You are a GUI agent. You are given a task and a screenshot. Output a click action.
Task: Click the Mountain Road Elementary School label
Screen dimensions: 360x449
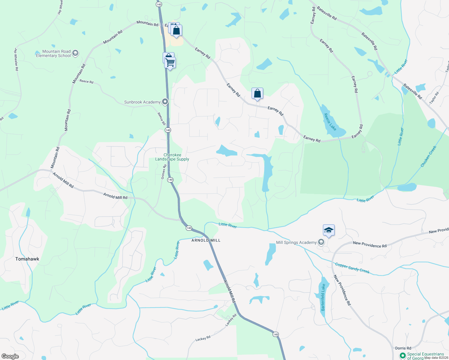tap(53, 53)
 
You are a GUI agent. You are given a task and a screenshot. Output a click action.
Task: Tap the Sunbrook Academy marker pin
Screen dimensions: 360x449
tap(165, 102)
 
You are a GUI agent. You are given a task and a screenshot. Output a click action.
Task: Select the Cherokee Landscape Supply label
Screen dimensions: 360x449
tap(172, 157)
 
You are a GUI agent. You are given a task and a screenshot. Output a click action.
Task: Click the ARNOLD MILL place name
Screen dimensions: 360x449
tap(206, 240)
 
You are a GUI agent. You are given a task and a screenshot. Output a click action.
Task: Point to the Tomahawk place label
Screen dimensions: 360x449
tap(27, 259)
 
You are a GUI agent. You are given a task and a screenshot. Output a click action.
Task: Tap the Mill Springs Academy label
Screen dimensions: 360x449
tap(296, 242)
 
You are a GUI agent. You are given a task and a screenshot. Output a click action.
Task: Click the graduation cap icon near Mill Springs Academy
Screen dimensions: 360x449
tap(329, 230)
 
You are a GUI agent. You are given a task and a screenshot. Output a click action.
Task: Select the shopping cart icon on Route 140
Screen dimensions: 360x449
tap(170, 63)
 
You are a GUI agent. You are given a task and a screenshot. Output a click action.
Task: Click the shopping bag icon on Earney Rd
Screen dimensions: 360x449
tap(257, 93)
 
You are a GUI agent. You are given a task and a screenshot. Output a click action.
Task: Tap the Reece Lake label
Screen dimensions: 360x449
tap(330, 122)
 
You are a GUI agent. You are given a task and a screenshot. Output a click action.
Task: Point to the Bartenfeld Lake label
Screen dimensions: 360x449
tap(323, 297)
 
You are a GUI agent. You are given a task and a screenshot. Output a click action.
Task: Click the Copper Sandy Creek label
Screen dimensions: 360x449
tap(352, 268)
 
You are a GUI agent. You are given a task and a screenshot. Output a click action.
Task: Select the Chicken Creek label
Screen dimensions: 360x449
tap(428, 156)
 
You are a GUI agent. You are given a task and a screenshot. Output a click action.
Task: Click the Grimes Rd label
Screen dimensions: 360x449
tap(164, 172)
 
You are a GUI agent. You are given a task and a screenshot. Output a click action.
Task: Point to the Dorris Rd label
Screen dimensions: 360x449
tap(403, 348)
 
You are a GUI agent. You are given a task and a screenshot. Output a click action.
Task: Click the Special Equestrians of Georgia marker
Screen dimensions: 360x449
tap(402, 356)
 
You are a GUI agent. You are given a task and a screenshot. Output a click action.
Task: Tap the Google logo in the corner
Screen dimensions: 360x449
tap(10, 356)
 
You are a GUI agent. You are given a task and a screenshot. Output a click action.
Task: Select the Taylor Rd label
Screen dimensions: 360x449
tap(434, 98)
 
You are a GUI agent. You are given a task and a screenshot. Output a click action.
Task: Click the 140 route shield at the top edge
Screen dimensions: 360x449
tap(159, 4)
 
